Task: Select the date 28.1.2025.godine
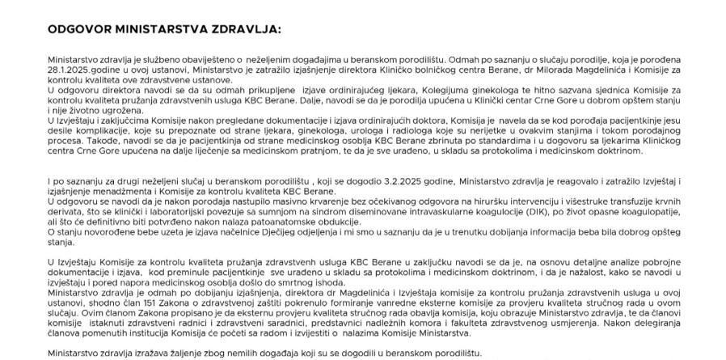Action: (75, 70)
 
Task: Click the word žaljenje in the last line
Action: (179, 353)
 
